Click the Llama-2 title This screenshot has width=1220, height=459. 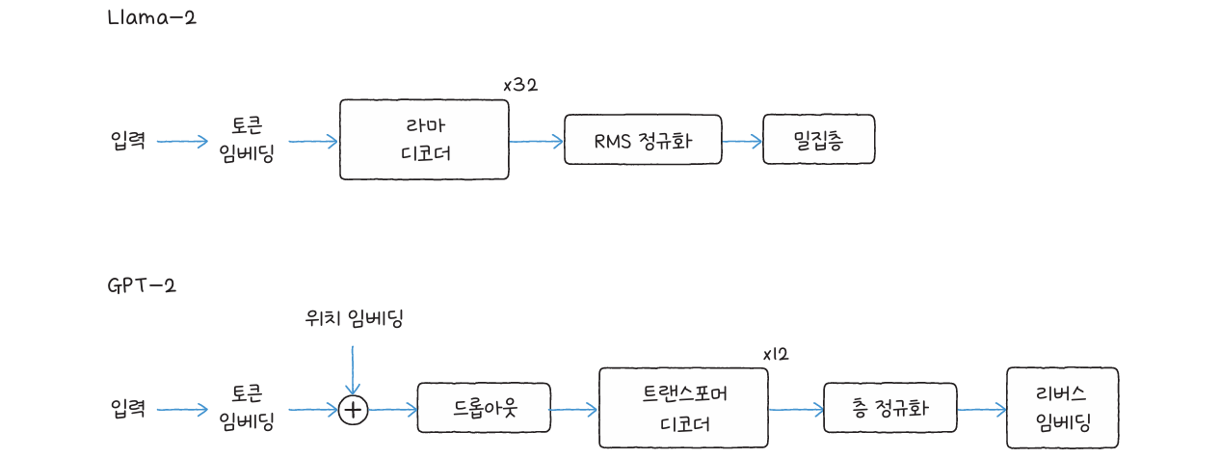pyautogui.click(x=153, y=17)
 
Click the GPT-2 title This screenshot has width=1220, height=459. pyautogui.click(x=143, y=285)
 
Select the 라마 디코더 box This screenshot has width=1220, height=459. pyautogui.click(x=424, y=140)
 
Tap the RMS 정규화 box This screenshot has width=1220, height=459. pyautogui.click(x=643, y=141)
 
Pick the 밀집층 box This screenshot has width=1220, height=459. pyautogui.click(x=818, y=141)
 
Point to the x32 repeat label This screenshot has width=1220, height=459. pyautogui.click(x=520, y=85)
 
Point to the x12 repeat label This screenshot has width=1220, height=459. pyautogui.click(x=775, y=354)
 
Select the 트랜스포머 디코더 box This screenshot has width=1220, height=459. pyautogui.click(x=684, y=408)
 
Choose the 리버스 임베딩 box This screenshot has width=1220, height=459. pyautogui.click(x=1062, y=408)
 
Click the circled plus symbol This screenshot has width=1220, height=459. pyautogui.click(x=354, y=410)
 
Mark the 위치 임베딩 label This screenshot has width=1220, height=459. pyautogui.click(x=354, y=319)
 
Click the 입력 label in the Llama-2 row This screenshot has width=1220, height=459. pyautogui.click(x=127, y=141)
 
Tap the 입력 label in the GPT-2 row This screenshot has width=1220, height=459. pyautogui.click(x=127, y=409)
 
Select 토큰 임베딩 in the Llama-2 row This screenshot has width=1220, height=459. pyautogui.click(x=247, y=140)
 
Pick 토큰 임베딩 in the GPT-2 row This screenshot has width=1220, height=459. pyautogui.click(x=247, y=408)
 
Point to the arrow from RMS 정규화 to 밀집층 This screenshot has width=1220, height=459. pyautogui.click(x=742, y=141)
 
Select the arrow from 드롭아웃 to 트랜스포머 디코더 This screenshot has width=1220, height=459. pyautogui.click(x=573, y=409)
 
